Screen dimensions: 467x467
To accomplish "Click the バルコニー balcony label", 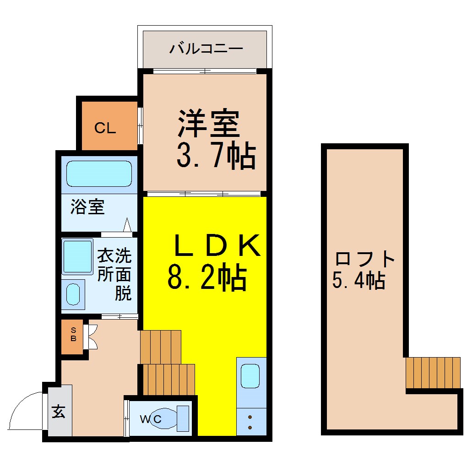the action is tap(206, 49).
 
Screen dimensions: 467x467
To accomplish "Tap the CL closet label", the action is tap(105, 128).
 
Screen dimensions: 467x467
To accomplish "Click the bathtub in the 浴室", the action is tap(99, 174).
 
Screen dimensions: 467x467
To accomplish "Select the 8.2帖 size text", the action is tap(207, 277).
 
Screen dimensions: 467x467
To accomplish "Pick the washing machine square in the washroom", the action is tap(77, 256).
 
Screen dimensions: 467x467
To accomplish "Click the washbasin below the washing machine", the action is tap(73, 294).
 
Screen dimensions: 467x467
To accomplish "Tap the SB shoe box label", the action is tap(73, 334).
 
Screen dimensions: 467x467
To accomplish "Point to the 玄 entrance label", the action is tap(59, 411).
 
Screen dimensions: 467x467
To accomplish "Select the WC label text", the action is tap(151, 419).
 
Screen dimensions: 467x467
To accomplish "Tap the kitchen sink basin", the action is tap(250, 376).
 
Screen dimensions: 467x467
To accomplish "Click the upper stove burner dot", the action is tap(250, 417).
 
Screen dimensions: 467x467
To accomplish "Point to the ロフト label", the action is tap(365, 259).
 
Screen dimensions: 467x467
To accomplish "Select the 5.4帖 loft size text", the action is tap(358, 280).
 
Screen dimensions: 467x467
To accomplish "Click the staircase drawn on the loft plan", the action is tap(433, 373).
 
